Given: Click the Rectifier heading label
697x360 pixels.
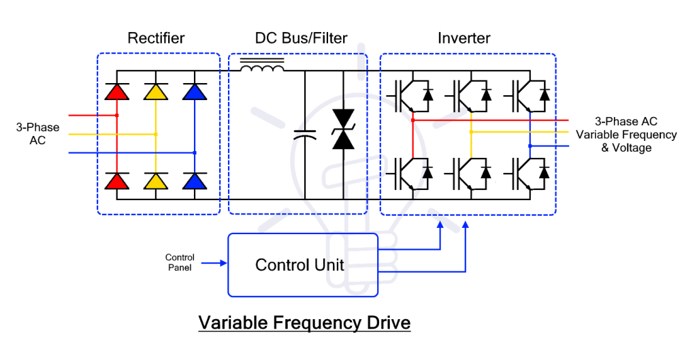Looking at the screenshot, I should tap(156, 38).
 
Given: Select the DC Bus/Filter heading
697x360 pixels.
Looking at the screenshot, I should tap(297, 38).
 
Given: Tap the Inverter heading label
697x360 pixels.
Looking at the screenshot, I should tap(464, 38).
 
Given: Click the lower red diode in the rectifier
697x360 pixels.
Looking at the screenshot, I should tap(117, 180).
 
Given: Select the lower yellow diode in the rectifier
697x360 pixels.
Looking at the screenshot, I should tap(156, 180).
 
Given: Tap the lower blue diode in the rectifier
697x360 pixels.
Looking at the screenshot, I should tap(195, 180).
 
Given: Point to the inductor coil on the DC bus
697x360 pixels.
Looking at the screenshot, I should tap(262, 68).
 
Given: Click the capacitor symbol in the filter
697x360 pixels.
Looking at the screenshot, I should tap(305, 135).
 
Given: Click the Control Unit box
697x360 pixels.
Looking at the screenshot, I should tap(302, 265).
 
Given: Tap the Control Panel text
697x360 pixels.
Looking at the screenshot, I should tap(180, 262).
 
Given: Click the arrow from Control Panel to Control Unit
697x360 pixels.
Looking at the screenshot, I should tap(214, 262).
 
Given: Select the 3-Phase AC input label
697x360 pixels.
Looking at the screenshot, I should tap(37, 134).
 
